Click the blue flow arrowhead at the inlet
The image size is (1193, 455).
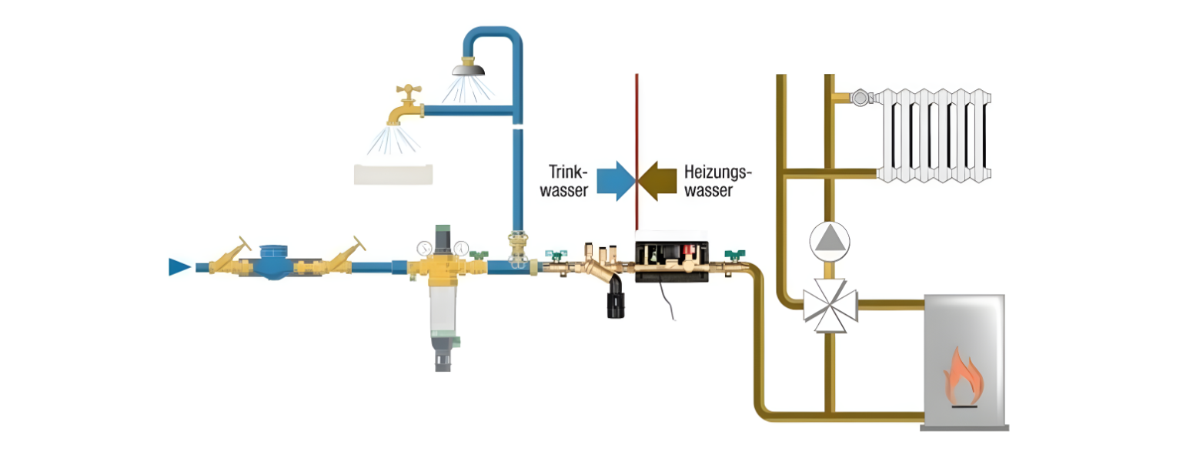click(179, 267)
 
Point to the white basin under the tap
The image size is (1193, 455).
click(393, 174)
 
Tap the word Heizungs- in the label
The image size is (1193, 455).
click(717, 171)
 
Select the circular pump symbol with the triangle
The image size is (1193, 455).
click(829, 240)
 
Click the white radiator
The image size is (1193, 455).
click(935, 135)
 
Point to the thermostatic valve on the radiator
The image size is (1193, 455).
click(860, 98)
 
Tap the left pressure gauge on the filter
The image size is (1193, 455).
click(423, 248)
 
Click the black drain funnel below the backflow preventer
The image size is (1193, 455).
click(615, 300)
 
